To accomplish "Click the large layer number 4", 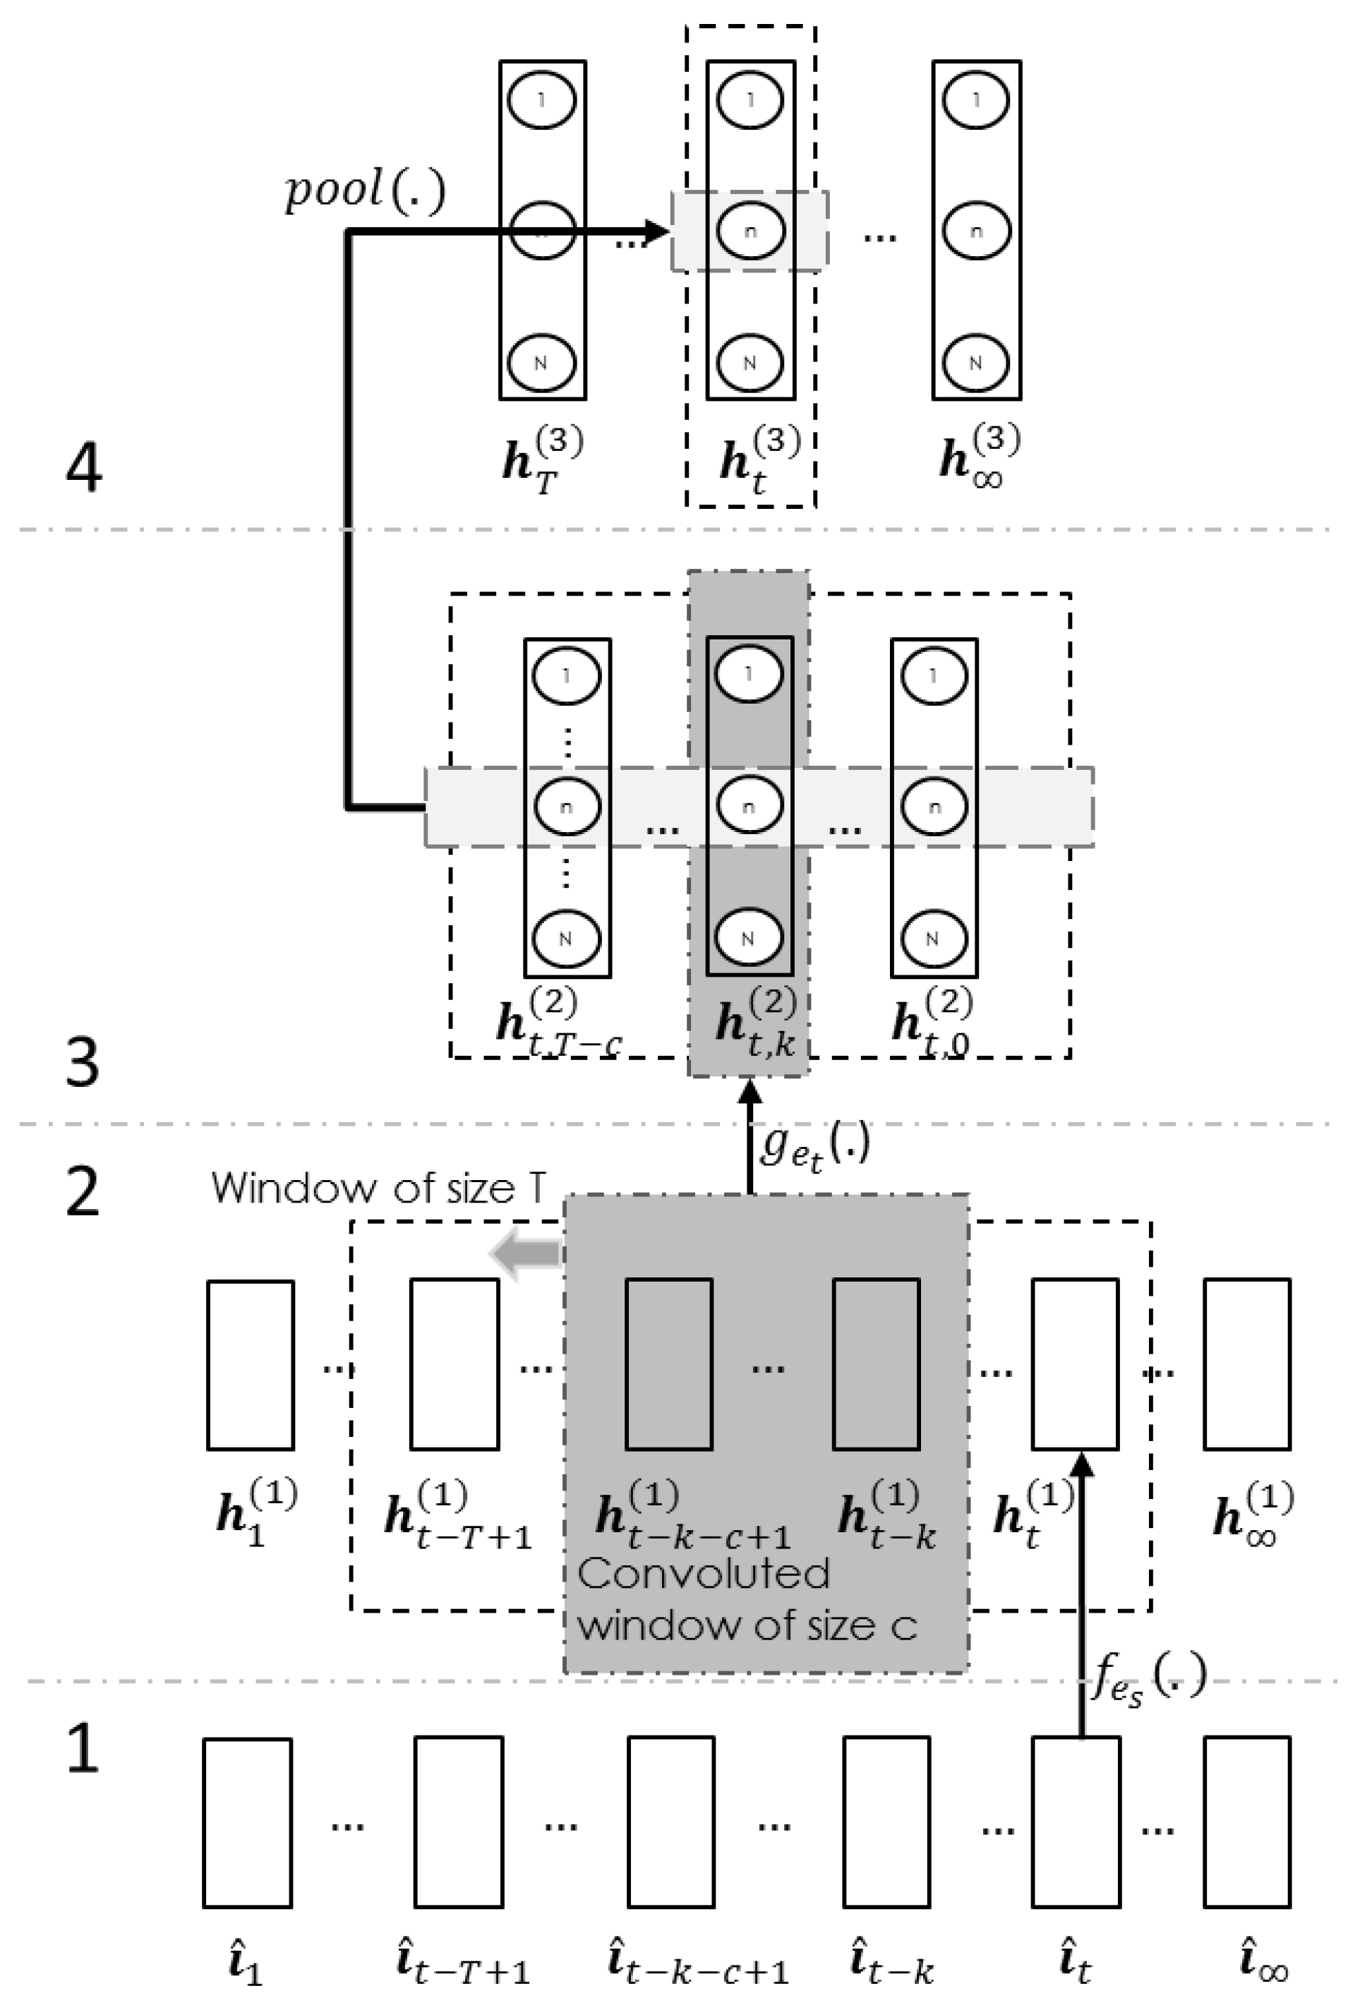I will [x=83, y=469].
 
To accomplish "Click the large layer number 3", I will [x=83, y=1063].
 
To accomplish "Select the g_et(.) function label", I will [x=812, y=1147].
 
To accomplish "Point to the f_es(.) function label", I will [x=1148, y=1678].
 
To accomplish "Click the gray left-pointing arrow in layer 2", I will [x=526, y=1254].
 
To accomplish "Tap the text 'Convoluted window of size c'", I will [x=746, y=1600].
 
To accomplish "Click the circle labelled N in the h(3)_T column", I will [x=541, y=362].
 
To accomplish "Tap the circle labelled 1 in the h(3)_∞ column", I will [x=976, y=100].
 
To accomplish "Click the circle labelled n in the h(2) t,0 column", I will [x=934, y=807].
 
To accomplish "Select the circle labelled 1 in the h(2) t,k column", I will [x=749, y=673].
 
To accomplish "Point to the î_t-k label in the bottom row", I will [x=891, y=1962].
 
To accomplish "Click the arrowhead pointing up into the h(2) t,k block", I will [x=750, y=1093].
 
